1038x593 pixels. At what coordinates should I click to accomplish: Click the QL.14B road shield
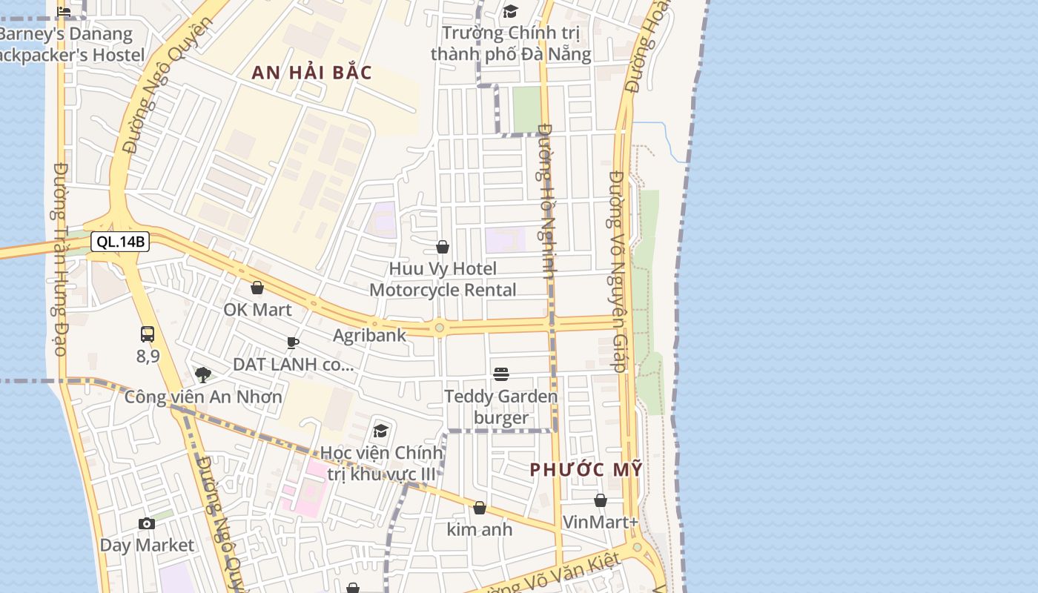pos(120,242)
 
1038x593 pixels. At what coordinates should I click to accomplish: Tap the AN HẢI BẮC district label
pos(311,73)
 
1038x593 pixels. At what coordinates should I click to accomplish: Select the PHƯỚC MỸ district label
pos(586,470)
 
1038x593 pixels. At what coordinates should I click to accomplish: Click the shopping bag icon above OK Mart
pos(257,288)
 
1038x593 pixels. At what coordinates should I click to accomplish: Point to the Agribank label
pos(369,335)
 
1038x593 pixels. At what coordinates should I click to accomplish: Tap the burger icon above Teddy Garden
pos(501,374)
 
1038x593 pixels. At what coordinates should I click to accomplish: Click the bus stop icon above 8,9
pos(148,334)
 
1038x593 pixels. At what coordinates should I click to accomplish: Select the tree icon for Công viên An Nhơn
pos(202,375)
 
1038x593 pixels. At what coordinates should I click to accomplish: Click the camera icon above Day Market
pos(147,524)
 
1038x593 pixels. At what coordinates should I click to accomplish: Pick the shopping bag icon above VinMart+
pos(601,500)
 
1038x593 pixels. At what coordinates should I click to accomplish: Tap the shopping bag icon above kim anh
pos(480,508)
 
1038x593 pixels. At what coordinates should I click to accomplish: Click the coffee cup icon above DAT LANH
pos(293,342)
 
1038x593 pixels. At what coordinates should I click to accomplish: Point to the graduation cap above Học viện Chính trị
pos(381,431)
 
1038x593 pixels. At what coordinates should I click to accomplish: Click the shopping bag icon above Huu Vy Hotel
pos(443,247)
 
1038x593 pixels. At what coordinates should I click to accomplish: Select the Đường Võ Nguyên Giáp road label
pos(618,271)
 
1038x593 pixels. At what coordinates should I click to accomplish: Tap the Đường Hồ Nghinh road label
pos(547,200)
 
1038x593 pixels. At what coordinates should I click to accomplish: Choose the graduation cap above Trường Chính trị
pos(510,11)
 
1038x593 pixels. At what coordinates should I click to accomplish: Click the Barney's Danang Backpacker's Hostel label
pos(70,44)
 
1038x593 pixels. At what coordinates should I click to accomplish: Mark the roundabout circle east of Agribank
pos(440,327)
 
